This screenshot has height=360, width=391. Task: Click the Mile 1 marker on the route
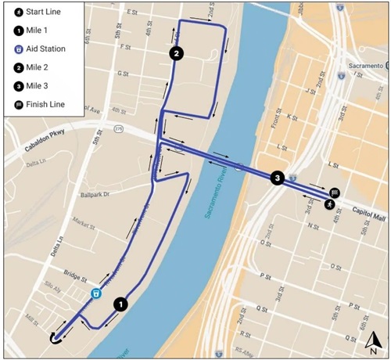tap(120, 304)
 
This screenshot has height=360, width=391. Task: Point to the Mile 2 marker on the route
tap(177, 53)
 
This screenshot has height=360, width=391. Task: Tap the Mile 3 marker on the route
tap(276, 178)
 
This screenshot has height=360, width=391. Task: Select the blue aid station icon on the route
tap(96, 293)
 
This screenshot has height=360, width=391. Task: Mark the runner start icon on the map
tap(330, 204)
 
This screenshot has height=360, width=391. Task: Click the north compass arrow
tap(375, 340)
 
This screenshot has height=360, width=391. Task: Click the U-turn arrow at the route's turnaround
tap(55, 337)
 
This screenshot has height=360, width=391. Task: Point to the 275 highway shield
tap(118, 128)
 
